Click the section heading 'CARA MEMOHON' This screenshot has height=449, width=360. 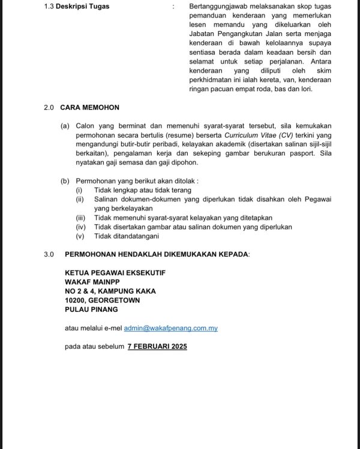(x=89, y=108)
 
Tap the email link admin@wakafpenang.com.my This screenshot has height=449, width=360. (x=170, y=329)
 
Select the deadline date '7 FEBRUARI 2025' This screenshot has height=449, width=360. (x=157, y=346)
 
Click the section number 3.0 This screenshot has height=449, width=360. (x=49, y=254)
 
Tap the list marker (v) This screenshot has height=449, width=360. (x=80, y=236)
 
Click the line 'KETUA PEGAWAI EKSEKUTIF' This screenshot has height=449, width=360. (x=115, y=273)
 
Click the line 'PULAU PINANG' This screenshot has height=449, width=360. (x=91, y=309)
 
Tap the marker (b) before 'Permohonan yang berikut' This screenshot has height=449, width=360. (x=65, y=180)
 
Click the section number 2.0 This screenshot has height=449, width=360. (x=49, y=108)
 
